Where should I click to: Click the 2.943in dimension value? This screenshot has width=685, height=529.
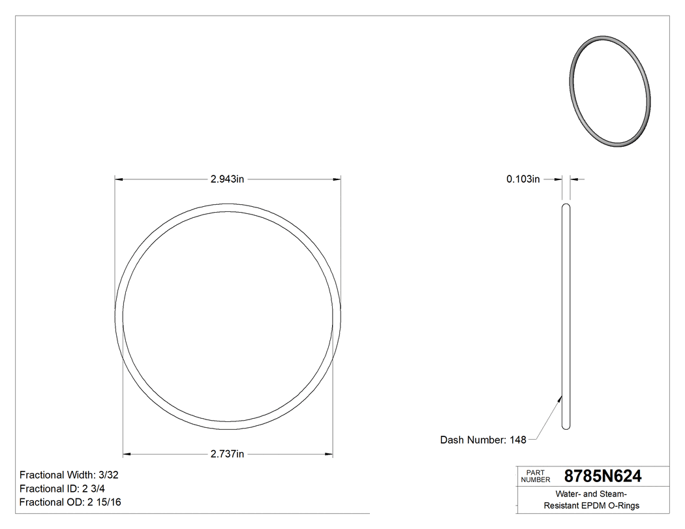[x=227, y=179]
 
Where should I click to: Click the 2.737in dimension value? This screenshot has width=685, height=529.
[x=227, y=454]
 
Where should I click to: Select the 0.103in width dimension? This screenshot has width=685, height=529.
[x=523, y=179]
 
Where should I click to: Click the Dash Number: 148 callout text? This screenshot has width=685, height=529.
[x=483, y=440]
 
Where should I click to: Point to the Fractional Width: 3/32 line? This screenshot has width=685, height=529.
[x=68, y=476]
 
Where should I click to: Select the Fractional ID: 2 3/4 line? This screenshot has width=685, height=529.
[x=61, y=489]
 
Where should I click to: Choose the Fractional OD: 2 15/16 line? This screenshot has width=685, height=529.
[x=70, y=502]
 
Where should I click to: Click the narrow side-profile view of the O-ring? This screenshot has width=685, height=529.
[x=566, y=316]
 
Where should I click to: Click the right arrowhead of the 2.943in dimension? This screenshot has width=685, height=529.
[x=337, y=179]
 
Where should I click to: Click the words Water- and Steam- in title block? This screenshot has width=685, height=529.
[x=592, y=494]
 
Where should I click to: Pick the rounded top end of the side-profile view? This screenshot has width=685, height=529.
[x=566, y=207]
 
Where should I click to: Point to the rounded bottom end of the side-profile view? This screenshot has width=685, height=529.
[x=566, y=427]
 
